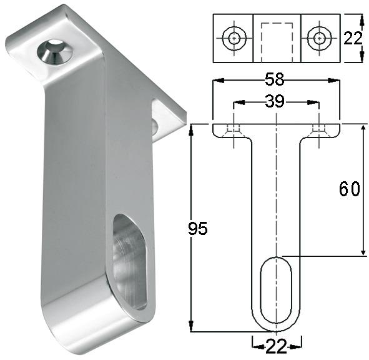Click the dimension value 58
tap(275, 80)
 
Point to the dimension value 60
tap(349, 189)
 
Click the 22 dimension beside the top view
tap(353, 39)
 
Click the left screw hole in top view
tap(234, 37)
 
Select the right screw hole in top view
tap(319, 37)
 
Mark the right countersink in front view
tap(319, 129)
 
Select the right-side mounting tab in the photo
tap(167, 120)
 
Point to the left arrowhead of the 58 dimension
tap(216, 80)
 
